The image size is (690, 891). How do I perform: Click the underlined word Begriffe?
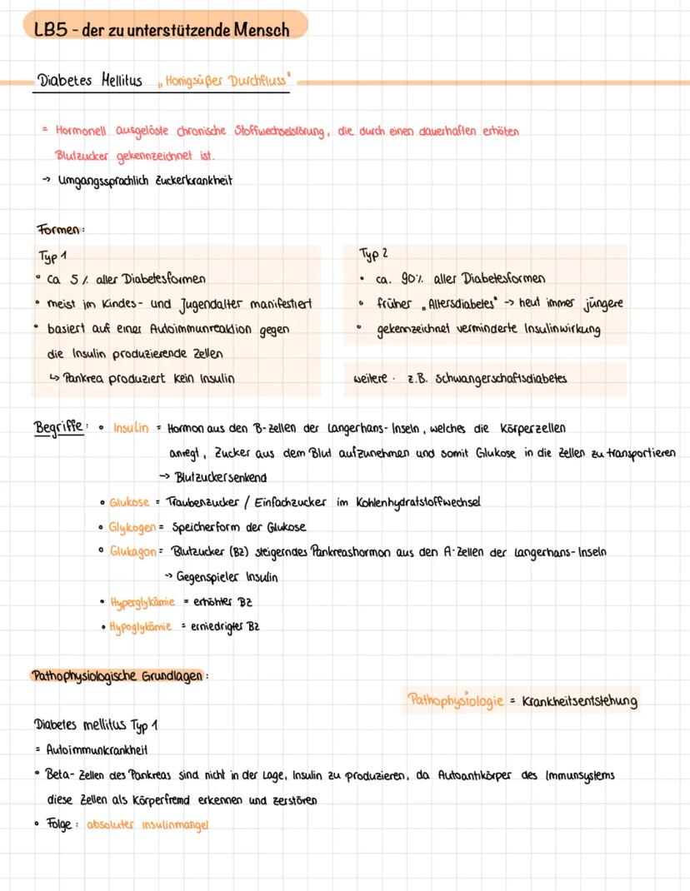click(x=58, y=427)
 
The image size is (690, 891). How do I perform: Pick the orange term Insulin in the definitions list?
click(x=131, y=428)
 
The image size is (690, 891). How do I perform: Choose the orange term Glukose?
click(x=129, y=502)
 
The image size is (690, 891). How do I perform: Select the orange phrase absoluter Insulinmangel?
click(x=147, y=824)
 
